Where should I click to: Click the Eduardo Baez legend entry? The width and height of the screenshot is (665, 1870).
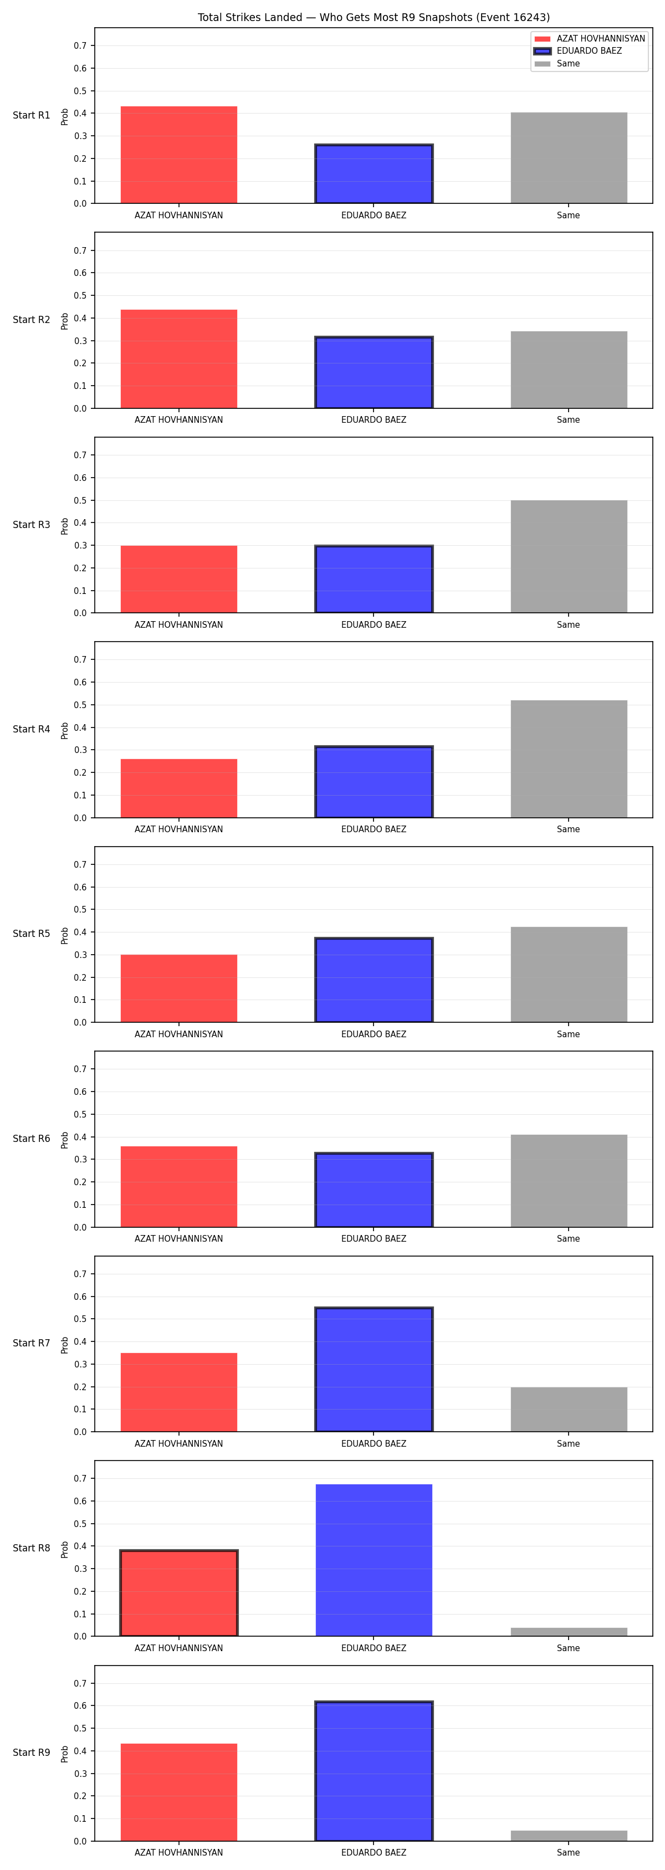pyautogui.click(x=589, y=51)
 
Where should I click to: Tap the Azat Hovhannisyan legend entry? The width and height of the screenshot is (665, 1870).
pyautogui.click(x=589, y=38)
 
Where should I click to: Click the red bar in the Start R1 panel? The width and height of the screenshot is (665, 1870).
pyautogui.click(x=178, y=155)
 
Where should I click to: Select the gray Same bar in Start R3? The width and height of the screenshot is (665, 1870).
pyautogui.click(x=569, y=556)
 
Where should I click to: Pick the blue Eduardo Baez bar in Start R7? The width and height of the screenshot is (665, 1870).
pyautogui.click(x=374, y=1369)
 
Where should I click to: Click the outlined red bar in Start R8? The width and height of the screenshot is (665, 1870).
pyautogui.click(x=178, y=1593)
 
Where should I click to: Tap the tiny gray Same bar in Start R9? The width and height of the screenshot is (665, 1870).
pyautogui.click(x=569, y=1836)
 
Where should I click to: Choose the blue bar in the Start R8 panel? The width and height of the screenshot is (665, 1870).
pyautogui.click(x=374, y=1560)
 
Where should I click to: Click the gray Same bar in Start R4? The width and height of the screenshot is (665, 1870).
pyautogui.click(x=569, y=759)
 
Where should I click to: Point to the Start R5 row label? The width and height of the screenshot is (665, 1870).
pyautogui.click(x=31, y=934)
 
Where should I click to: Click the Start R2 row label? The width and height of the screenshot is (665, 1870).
pyautogui.click(x=31, y=319)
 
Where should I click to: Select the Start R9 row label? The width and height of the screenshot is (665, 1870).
pyautogui.click(x=31, y=1753)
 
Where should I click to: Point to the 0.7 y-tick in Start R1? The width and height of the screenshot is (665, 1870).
pyautogui.click(x=80, y=46)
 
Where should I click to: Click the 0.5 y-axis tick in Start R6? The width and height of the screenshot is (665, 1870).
pyautogui.click(x=80, y=1114)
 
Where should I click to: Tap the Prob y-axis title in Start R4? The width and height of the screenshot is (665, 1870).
pyautogui.click(x=65, y=730)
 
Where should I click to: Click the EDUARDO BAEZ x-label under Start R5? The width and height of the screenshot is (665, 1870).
pyautogui.click(x=374, y=1034)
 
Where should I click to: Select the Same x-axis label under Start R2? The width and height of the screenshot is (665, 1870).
pyautogui.click(x=569, y=419)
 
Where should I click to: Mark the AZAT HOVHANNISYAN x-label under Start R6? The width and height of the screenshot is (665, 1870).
pyautogui.click(x=178, y=1238)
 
